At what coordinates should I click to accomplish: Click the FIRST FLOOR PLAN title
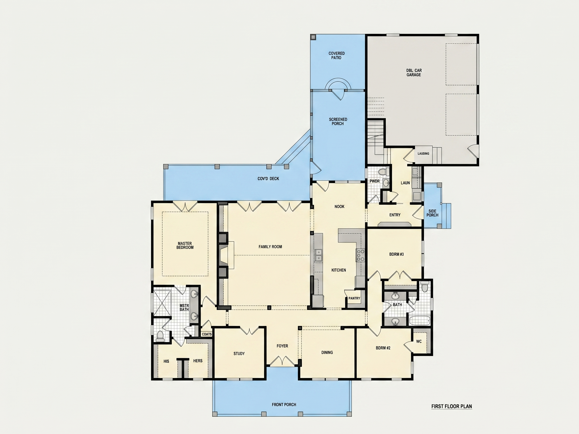pyautogui.click(x=452, y=406)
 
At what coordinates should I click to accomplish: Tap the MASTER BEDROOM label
pyautogui.click(x=185, y=245)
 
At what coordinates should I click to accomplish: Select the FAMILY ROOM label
pyautogui.click(x=270, y=247)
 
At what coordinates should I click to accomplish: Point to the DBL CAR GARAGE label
pyautogui.click(x=414, y=73)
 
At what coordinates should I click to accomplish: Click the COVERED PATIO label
pyautogui.click(x=336, y=56)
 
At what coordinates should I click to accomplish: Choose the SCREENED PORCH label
pyautogui.click(x=338, y=121)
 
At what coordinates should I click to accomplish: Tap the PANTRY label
pyautogui.click(x=354, y=298)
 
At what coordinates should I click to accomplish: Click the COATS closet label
pyautogui.click(x=207, y=334)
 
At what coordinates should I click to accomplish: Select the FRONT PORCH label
pyautogui.click(x=284, y=405)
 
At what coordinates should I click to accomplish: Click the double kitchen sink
pyautogui.click(x=319, y=255)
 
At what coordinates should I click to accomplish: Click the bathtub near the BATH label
pyautogui.click(x=420, y=320)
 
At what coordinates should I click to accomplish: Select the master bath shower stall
pyautogui.click(x=162, y=302)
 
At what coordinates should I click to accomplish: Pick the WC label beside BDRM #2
pyautogui.click(x=419, y=341)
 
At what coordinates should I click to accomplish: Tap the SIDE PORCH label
pyautogui.click(x=432, y=213)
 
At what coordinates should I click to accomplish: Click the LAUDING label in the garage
pyautogui.click(x=423, y=153)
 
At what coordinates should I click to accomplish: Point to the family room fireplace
pyautogui.click(x=226, y=255)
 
